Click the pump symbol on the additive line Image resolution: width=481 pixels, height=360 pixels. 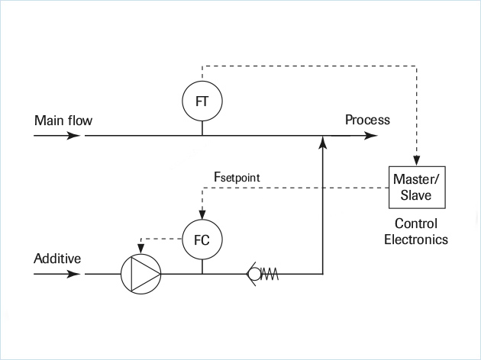coord(141,273)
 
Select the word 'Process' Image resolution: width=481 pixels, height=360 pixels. coord(367,120)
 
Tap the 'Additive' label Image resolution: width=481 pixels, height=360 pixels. coord(57,259)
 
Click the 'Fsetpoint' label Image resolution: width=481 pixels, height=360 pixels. coord(237,177)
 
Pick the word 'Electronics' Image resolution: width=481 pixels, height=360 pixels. coord(415,239)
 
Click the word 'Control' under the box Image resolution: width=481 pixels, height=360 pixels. coord(415,224)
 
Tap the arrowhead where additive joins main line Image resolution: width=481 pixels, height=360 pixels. coord(324,142)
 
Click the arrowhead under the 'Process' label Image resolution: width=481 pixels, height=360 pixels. coord(371,136)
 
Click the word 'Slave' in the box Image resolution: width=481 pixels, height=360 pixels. coord(415,194)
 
